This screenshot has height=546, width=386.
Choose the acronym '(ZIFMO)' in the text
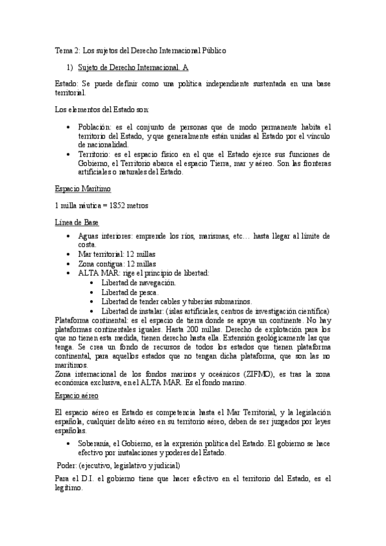point(261,374)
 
